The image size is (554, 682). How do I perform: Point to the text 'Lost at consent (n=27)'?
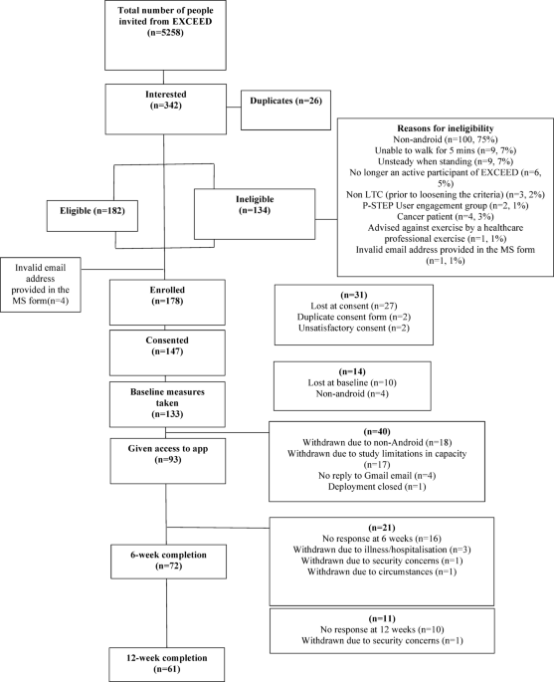(353, 309)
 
